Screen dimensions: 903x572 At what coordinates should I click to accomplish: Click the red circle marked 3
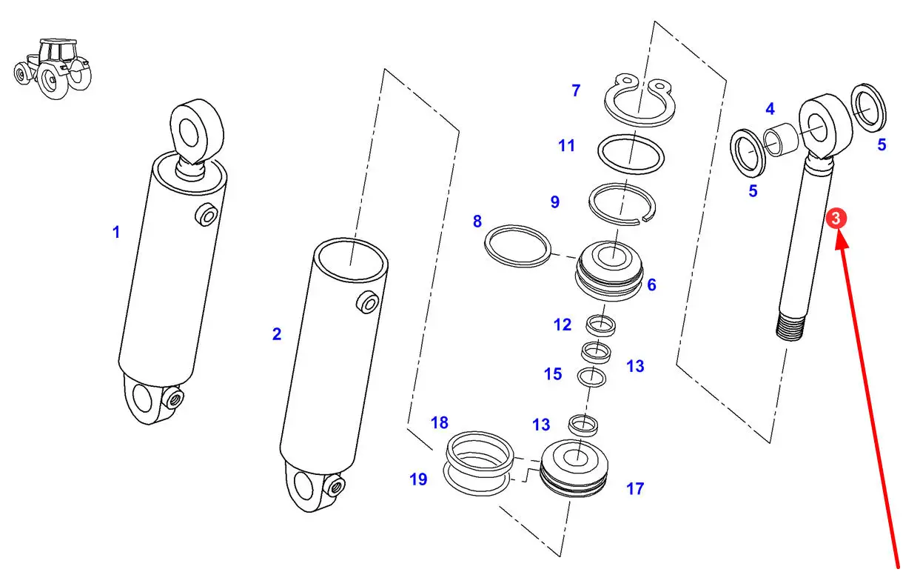pyautogui.click(x=836, y=219)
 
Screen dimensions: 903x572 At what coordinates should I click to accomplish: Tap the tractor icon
pyautogui.click(x=53, y=69)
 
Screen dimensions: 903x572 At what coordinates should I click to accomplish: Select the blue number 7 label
pyautogui.click(x=576, y=90)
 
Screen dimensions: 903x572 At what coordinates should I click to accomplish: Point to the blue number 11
pyautogui.click(x=566, y=146)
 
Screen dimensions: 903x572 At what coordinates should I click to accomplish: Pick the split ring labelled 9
pyautogui.click(x=622, y=204)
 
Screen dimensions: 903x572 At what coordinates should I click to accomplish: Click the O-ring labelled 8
pyautogui.click(x=517, y=246)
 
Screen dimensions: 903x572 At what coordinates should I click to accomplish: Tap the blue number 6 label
pyautogui.click(x=652, y=285)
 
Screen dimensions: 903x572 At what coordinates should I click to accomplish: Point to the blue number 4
pyautogui.click(x=770, y=109)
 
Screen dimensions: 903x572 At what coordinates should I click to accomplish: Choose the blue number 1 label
pyautogui.click(x=116, y=232)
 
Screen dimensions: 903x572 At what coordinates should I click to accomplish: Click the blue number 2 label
pyautogui.click(x=277, y=334)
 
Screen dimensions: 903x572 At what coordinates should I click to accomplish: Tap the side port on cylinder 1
pyautogui.click(x=207, y=216)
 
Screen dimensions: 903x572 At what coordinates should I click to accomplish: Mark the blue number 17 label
pyautogui.click(x=635, y=489)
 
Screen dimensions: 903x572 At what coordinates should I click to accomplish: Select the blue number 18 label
pyautogui.click(x=440, y=423)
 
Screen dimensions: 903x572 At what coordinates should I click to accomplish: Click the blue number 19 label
pyautogui.click(x=418, y=479)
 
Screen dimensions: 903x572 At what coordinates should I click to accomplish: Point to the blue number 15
pyautogui.click(x=553, y=374)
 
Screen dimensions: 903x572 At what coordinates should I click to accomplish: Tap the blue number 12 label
pyautogui.click(x=563, y=325)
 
